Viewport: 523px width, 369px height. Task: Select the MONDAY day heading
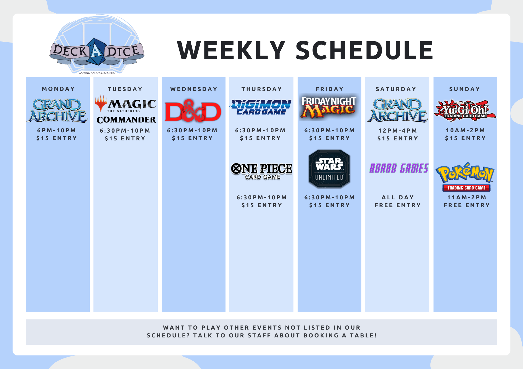coord(58,89)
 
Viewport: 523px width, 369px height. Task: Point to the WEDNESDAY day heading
coord(194,89)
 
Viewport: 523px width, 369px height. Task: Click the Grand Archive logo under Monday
coord(57,111)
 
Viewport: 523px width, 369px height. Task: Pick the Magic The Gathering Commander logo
coord(126,108)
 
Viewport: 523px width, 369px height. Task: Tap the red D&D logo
coord(193,111)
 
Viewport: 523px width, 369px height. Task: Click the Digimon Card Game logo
coord(261,107)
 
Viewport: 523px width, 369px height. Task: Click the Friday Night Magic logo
coord(329,107)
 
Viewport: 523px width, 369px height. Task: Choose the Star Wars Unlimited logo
coord(329,169)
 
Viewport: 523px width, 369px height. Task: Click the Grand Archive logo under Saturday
coord(397,111)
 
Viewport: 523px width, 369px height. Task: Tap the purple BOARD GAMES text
coord(399,168)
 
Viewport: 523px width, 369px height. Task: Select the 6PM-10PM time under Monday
coord(56,130)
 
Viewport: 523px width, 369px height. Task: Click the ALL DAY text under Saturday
coord(398,198)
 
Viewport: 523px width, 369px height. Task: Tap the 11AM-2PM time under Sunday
coord(467,198)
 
